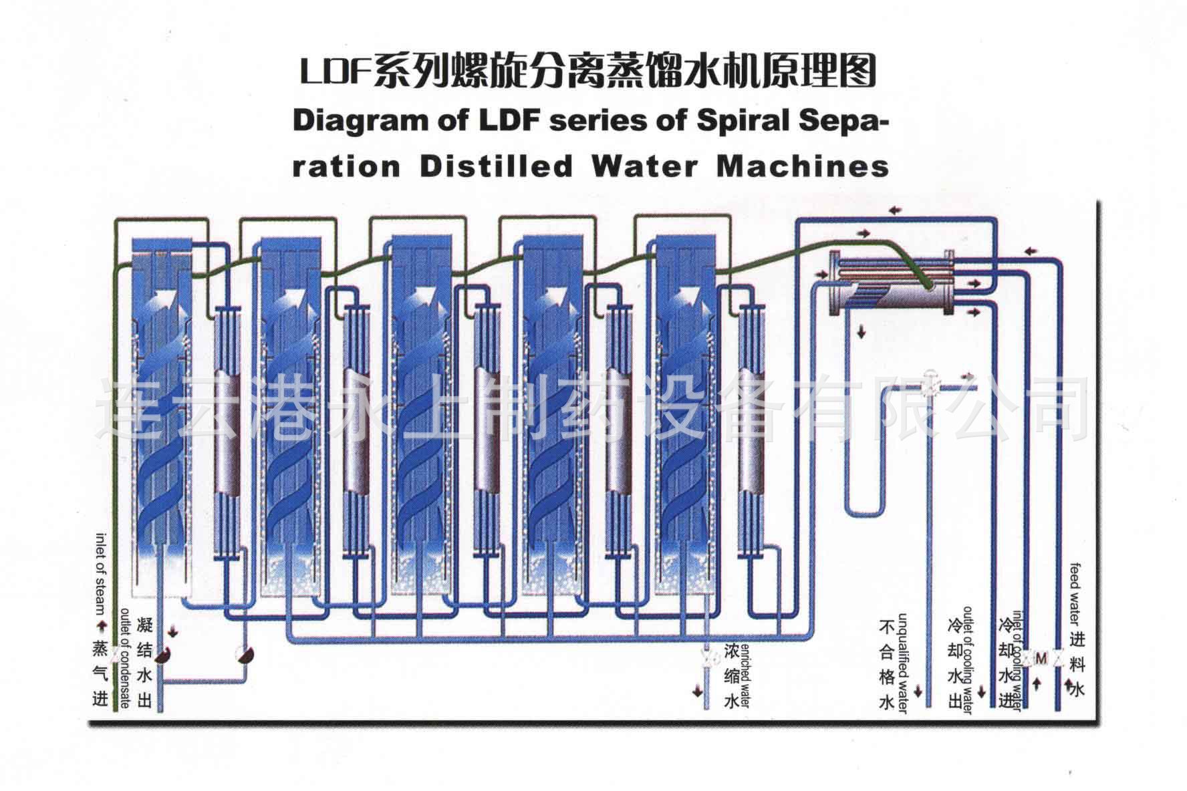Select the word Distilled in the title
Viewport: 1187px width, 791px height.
point(496,166)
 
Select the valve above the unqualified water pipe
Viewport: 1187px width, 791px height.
point(929,386)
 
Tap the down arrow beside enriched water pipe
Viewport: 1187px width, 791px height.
point(698,689)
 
